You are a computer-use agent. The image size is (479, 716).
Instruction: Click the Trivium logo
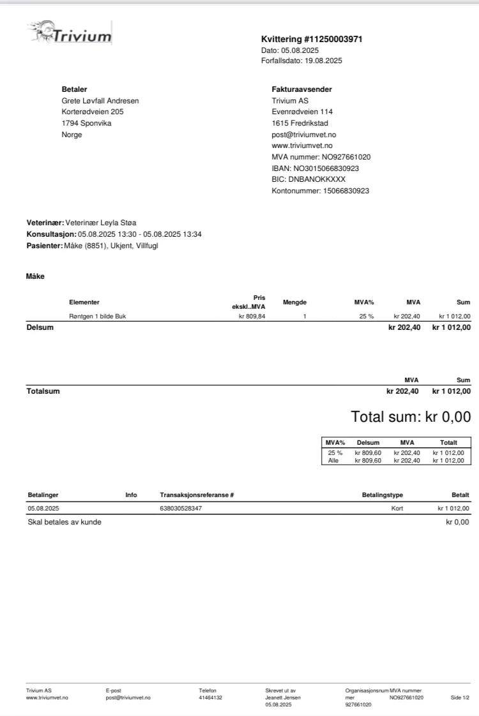(70, 33)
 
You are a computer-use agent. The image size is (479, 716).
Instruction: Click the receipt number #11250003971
(336, 39)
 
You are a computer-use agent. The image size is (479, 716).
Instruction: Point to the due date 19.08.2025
(323, 61)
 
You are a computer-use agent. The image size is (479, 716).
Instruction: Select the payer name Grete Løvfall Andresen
(100, 101)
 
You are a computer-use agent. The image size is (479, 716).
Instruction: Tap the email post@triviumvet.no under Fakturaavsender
(304, 135)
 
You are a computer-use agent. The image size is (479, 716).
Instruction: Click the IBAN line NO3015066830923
(316, 168)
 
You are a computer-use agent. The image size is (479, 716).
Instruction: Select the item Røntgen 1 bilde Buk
(98, 316)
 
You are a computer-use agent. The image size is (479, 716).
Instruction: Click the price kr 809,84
(252, 316)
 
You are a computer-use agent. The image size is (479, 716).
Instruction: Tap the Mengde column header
(294, 302)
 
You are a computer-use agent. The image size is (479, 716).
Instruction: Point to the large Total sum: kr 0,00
(411, 417)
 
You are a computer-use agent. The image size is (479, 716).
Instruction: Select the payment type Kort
(397, 509)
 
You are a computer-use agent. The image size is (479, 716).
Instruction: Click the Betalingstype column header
(382, 495)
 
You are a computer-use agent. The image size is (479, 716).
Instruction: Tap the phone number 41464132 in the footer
(211, 697)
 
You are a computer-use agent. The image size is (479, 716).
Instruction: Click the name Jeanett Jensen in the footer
(283, 697)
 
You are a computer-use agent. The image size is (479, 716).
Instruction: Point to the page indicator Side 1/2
(460, 697)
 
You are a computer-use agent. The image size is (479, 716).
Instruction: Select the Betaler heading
(74, 89)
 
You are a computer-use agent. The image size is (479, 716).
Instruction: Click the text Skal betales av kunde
(65, 522)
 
